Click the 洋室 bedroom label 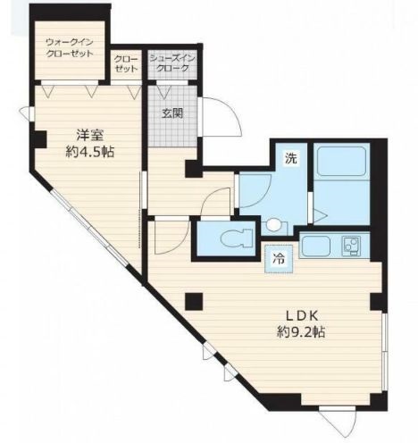pos(90,136)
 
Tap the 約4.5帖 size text pos(90,152)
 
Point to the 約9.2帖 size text pos(301,331)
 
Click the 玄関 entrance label pos(172,113)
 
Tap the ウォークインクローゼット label pos(70,48)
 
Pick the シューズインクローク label pos(172,63)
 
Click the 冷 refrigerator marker pos(279,259)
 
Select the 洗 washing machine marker pos(291,158)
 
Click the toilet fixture pos(237,238)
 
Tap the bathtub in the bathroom pos(342,161)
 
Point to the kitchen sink pos(316,247)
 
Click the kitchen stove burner pos(351,246)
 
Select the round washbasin pos(273,224)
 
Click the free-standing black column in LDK pos(194,301)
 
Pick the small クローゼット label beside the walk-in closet pos(126,63)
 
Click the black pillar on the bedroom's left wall pos(38,139)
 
